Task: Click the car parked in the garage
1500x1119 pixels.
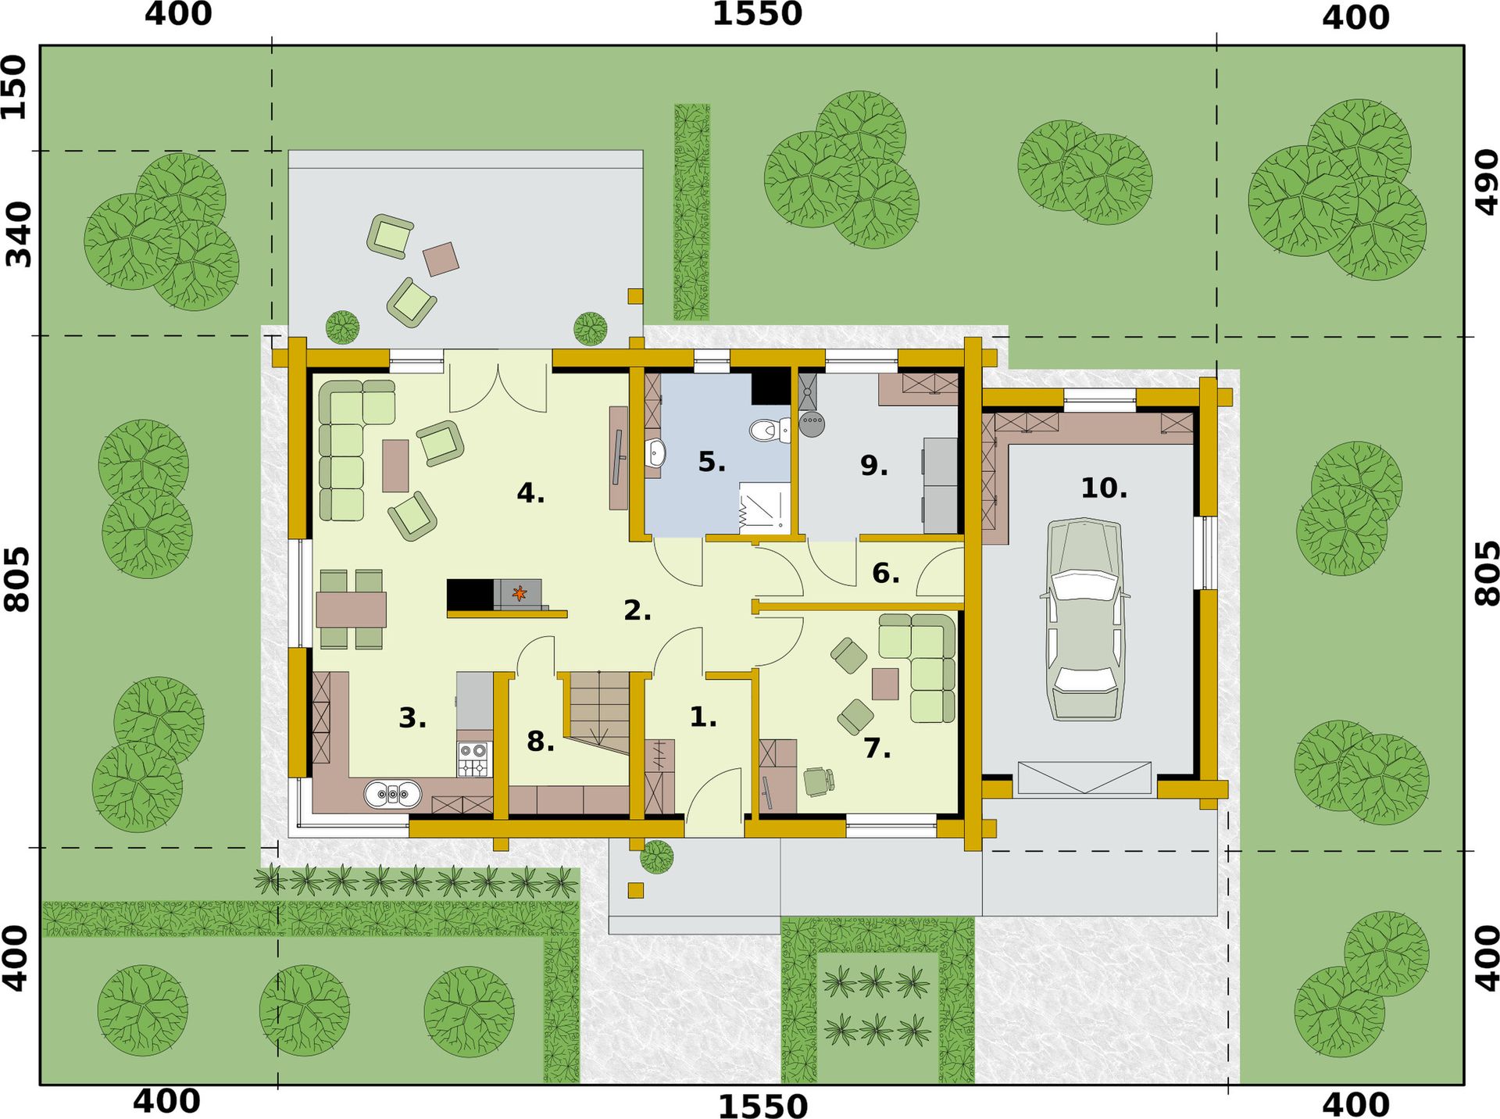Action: pyautogui.click(x=1084, y=619)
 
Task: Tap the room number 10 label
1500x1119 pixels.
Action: pyautogui.click(x=1104, y=488)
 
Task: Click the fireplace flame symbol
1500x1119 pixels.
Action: pyautogui.click(x=519, y=595)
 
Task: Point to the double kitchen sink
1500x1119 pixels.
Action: pyautogui.click(x=393, y=795)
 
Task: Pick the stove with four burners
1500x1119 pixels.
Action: pyautogui.click(x=474, y=759)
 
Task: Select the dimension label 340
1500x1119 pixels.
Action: pyautogui.click(x=18, y=234)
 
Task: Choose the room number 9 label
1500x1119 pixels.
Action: pyautogui.click(x=873, y=466)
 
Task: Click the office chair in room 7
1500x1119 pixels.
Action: pyautogui.click(x=820, y=781)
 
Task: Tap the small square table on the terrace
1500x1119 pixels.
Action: pyautogui.click(x=441, y=259)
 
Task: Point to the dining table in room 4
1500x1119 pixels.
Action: pyautogui.click(x=352, y=610)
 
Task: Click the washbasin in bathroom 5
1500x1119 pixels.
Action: pyautogui.click(x=655, y=452)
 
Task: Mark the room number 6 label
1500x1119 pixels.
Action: pyautogui.click(x=885, y=574)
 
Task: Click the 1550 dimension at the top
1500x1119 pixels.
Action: pyautogui.click(x=757, y=14)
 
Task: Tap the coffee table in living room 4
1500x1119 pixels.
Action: pyautogui.click(x=395, y=466)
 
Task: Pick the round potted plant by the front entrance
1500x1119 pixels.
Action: pyautogui.click(x=656, y=856)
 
